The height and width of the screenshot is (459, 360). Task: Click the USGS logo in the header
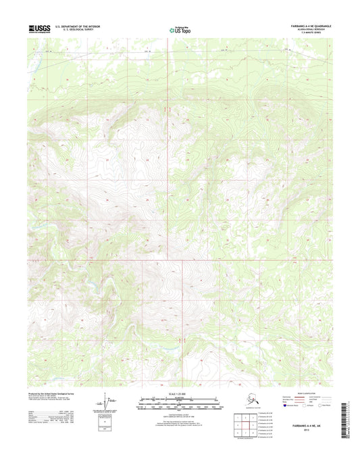[x=38, y=28]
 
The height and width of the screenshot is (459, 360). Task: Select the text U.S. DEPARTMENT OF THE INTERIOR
[x=82, y=26]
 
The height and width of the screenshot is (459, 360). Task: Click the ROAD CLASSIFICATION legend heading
[x=303, y=393]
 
